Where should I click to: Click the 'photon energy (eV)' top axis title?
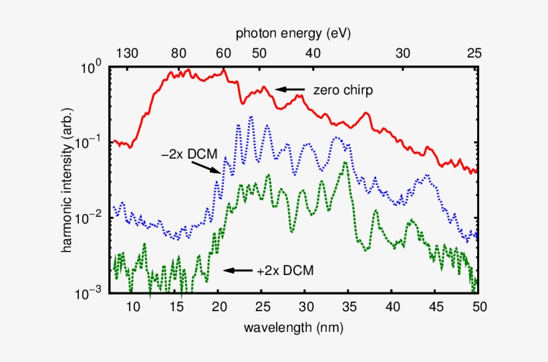[294, 33]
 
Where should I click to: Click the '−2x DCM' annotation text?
[190, 153]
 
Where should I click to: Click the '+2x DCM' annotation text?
[285, 271]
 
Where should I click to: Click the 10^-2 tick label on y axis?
[90, 218]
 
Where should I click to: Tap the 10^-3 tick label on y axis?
[90, 293]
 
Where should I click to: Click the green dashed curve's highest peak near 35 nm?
[346, 163]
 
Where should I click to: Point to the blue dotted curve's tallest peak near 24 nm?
[251, 117]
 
